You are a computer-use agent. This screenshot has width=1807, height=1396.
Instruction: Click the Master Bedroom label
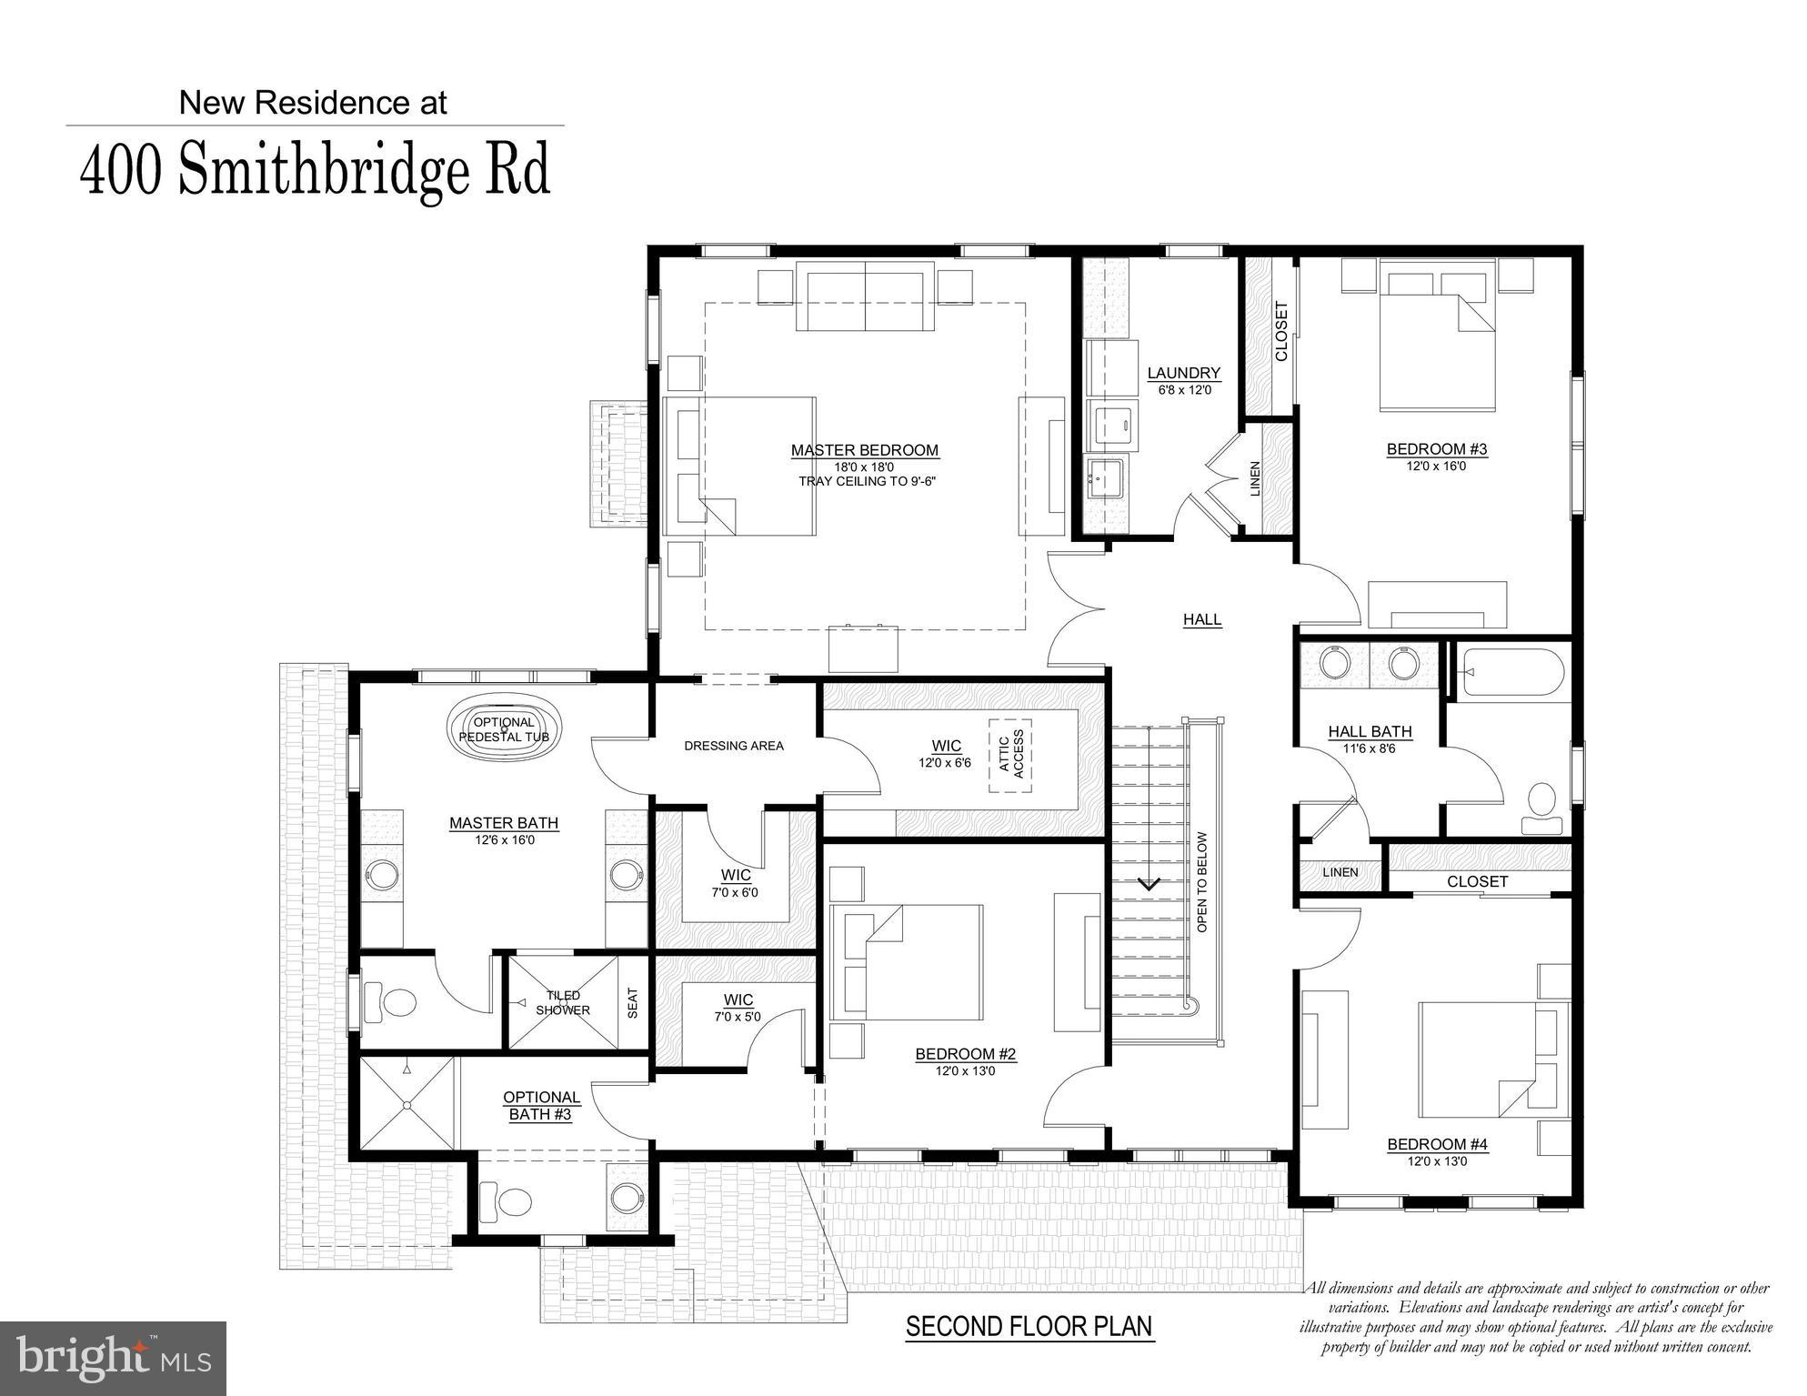pyautogui.click(x=864, y=450)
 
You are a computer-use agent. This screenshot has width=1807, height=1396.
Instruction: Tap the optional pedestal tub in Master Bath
pyautogui.click(x=504, y=729)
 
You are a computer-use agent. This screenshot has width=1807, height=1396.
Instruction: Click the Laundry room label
pyautogui.click(x=1183, y=373)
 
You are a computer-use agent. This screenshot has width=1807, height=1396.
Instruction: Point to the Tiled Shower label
pyautogui.click(x=562, y=1003)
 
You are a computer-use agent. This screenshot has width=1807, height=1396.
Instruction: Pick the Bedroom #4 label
pyautogui.click(x=1437, y=1144)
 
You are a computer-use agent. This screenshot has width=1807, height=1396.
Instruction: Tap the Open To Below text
pyautogui.click(x=1202, y=882)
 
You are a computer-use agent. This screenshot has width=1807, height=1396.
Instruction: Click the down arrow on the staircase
pyautogui.click(x=1149, y=883)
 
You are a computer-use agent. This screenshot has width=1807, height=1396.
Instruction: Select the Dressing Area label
pyautogui.click(x=733, y=746)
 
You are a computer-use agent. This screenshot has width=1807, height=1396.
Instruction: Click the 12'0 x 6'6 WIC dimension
pyautogui.click(x=945, y=763)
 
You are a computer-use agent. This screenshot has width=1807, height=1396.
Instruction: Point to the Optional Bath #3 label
pyautogui.click(x=541, y=1106)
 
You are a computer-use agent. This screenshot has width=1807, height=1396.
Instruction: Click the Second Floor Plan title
pyautogui.click(x=1029, y=1327)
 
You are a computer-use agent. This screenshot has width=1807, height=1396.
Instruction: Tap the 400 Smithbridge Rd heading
pyautogui.click(x=316, y=170)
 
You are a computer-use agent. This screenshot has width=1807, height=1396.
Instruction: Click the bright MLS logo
pyautogui.click(x=113, y=1359)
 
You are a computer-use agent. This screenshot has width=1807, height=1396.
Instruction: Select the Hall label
pyautogui.click(x=1201, y=619)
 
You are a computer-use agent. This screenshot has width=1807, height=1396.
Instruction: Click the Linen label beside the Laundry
pyautogui.click(x=1255, y=479)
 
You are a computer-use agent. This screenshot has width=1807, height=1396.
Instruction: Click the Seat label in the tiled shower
pyautogui.click(x=633, y=1003)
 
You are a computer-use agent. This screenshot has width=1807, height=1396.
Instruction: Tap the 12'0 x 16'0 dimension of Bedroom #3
pyautogui.click(x=1436, y=466)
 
